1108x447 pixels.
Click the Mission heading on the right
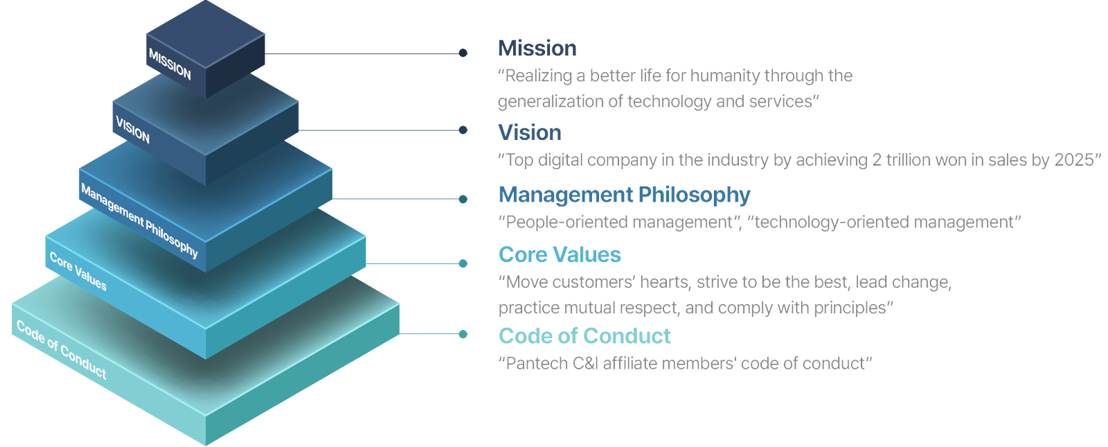coord(537,49)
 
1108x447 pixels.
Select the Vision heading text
coord(530,132)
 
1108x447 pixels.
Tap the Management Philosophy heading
coord(624,195)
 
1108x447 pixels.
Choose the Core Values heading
coord(560,254)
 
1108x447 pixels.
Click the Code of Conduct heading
coord(584,335)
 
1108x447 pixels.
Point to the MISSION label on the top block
coord(170,64)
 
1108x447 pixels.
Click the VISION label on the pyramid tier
coord(132,129)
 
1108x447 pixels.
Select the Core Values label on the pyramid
coord(78,271)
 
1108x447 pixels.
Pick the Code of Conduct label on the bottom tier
coord(62,349)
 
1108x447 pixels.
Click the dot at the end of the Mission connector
coord(463,53)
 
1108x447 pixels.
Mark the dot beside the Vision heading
coord(463,130)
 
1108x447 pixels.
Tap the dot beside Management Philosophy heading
coord(463,199)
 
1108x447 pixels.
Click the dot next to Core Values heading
coord(463,263)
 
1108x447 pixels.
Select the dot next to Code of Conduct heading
coord(463,334)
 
